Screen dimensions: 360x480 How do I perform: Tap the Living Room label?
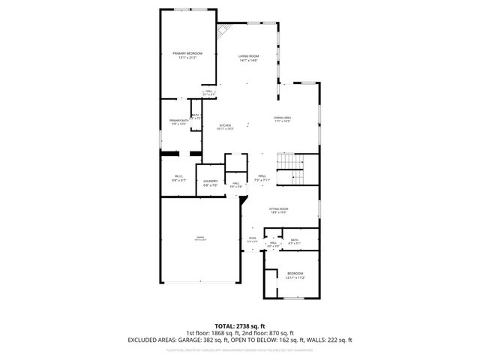248,58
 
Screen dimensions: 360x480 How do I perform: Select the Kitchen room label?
225,127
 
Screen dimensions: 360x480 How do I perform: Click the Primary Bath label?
178,122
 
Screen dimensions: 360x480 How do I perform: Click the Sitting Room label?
279,211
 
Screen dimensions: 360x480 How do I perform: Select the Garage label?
199,238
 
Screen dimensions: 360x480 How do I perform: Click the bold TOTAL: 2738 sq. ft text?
239,325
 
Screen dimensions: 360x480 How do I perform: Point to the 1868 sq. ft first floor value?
229,333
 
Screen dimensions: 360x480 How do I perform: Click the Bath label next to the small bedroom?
295,241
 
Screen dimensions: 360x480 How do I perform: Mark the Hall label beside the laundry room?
235,184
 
